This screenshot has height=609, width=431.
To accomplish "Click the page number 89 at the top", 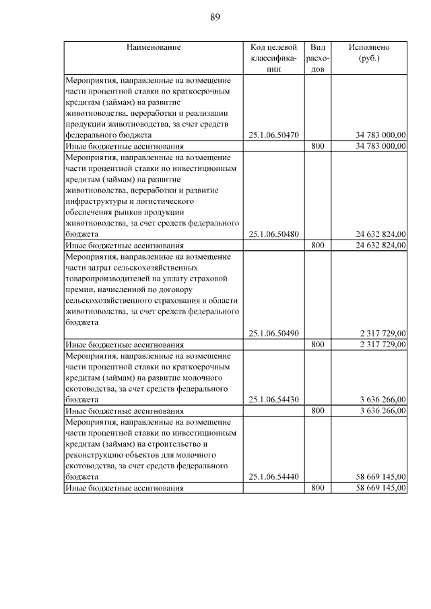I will coord(215,17).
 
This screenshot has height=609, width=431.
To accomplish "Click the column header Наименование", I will coord(153,48).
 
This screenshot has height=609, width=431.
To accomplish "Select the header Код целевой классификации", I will coord(273,58).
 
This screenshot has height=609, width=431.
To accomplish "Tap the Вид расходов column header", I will coord(318,58).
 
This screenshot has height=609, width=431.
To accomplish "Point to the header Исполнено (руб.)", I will coord(369,52).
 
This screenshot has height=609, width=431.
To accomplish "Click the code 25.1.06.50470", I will coord(273,135).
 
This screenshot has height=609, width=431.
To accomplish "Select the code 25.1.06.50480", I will coord(273,234).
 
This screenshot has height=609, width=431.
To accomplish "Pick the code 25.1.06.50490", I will coord(273,333).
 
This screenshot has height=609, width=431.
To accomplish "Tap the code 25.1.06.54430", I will coord(273,399).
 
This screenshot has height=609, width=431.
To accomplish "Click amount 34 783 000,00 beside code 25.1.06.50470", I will coord(380,135).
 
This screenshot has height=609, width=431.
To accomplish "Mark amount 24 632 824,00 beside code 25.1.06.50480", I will coord(380,234).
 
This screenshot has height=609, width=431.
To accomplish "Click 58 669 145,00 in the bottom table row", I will coord(380,487).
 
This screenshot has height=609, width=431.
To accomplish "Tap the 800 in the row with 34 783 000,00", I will coord(318,146).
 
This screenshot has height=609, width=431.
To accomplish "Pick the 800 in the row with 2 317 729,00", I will coord(318,345).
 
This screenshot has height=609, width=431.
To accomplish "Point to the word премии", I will coord(79,289).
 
